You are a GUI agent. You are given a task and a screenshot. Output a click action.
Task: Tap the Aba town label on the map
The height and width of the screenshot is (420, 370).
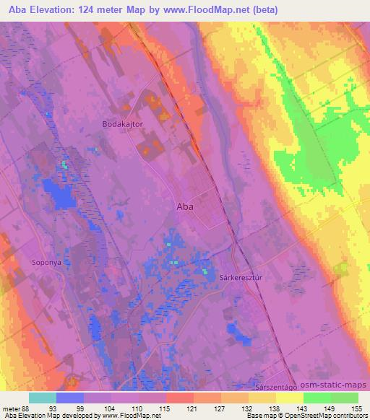[x=185, y=206]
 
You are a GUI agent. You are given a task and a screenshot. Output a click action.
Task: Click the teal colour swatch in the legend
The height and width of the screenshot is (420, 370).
[x=43, y=398]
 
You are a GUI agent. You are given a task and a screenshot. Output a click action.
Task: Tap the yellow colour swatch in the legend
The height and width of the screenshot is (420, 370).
[x=290, y=398]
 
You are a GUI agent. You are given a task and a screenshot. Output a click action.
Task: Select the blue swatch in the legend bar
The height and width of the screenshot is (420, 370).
[x=70, y=398]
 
